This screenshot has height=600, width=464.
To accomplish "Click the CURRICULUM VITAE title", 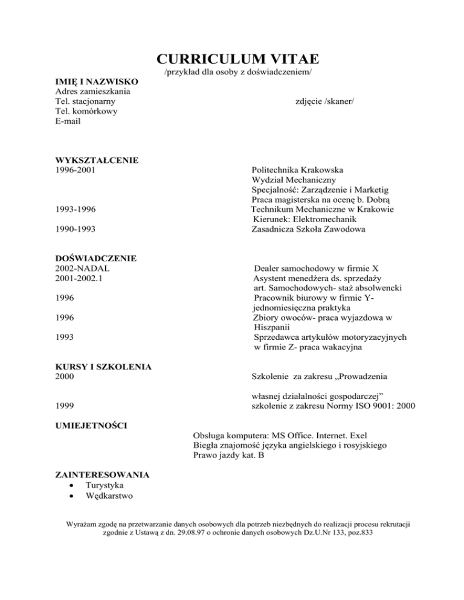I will coord(237,59).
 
